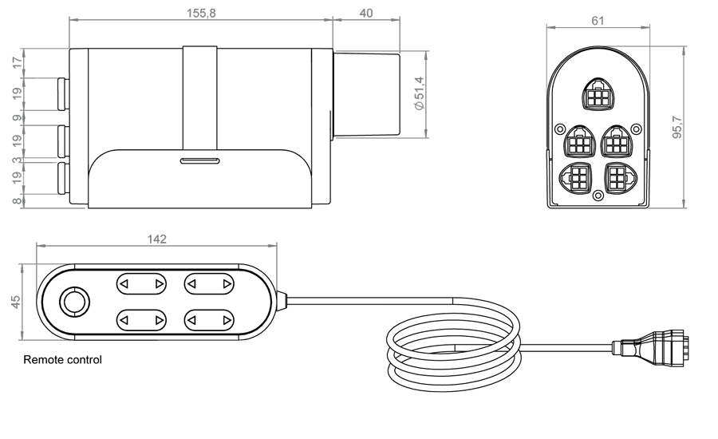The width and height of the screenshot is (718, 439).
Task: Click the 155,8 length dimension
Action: point(201,13)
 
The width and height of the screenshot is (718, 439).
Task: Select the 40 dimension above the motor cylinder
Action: point(366,14)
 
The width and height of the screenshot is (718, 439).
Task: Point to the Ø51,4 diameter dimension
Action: point(419,93)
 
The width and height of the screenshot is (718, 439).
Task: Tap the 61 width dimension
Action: point(598,21)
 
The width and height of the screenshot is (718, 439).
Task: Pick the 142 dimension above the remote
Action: point(156,239)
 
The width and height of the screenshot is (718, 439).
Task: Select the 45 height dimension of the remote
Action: point(16,302)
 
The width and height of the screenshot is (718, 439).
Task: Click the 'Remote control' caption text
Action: point(63,360)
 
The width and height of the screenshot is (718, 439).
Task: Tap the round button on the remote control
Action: point(75,302)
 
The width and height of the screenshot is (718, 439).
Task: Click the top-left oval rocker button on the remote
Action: point(141,284)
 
